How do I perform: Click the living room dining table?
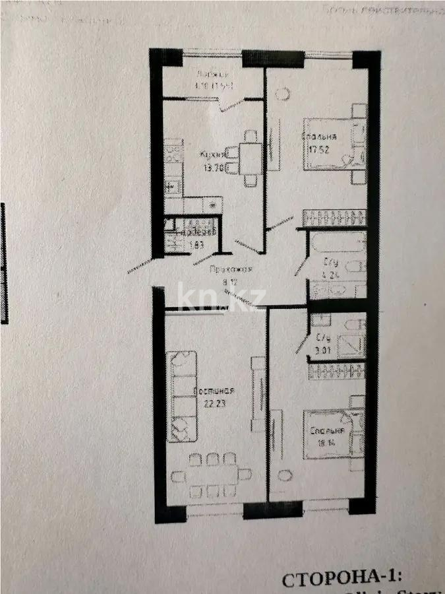coord(210,475)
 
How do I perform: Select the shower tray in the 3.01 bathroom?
coord(349,346)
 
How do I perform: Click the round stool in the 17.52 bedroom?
coord(283,93)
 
